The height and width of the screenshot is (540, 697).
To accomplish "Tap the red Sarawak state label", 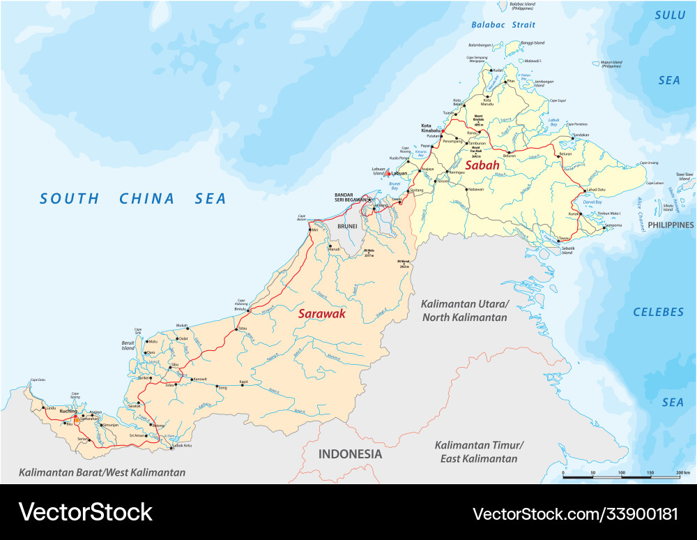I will coord(322,314).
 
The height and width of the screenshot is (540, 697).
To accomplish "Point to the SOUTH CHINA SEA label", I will coord(133,199).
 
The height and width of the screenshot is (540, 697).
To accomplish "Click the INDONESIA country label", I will coord(350,454).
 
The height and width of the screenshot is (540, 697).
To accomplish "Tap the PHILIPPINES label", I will coord(671,225).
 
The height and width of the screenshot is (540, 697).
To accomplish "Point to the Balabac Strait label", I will coord(503,24).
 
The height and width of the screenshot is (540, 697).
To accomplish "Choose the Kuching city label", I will coord(68,412).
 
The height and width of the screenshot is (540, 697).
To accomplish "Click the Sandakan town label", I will coord(581,135).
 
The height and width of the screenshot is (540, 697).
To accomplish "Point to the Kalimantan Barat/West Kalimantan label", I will coord(102,472).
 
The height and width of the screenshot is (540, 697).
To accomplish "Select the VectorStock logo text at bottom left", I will coord(86,513).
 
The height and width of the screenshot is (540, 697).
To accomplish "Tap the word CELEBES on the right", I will coord(659,312).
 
